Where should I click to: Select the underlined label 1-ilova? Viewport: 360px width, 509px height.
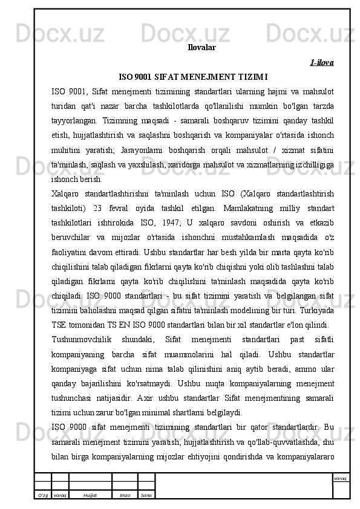pos(322,62)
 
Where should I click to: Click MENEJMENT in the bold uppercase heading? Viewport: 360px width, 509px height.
pos(206,77)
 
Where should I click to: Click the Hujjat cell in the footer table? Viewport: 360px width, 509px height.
pos(91,494)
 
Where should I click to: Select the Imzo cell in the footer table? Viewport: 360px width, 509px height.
pos(125,494)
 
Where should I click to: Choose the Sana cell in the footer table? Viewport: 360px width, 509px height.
pos(146,494)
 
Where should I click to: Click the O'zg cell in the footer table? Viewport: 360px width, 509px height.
pos(42,494)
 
